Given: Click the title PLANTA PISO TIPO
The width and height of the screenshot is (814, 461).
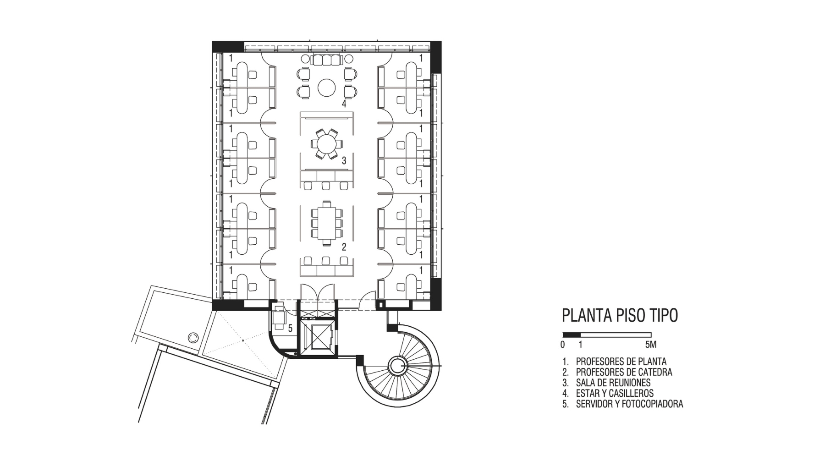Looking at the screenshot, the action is [x=620, y=316].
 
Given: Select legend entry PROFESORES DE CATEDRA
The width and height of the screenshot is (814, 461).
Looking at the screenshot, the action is [x=624, y=372].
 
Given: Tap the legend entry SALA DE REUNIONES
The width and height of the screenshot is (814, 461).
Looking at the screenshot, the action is [x=613, y=383].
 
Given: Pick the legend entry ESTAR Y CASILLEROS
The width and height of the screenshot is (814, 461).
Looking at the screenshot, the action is [x=615, y=393].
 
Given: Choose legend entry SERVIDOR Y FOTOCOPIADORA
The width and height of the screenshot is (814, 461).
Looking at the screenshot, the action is [x=629, y=404].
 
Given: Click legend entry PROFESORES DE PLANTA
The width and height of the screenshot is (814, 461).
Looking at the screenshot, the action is [x=621, y=362].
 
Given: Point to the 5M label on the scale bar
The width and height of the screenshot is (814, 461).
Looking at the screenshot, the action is [x=651, y=345].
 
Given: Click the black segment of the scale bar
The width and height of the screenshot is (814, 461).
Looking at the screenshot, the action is [x=572, y=335].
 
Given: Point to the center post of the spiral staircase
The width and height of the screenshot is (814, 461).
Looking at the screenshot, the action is [x=397, y=365].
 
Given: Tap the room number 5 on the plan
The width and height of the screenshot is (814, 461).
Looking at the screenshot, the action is [x=290, y=328].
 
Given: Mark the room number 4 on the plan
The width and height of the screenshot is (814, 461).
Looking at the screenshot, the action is [x=344, y=104].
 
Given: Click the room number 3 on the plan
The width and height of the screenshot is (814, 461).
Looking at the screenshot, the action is [x=344, y=161].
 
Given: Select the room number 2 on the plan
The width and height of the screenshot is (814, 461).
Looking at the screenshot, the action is [x=344, y=247].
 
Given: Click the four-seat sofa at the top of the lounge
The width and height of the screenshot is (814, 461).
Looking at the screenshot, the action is [x=327, y=60].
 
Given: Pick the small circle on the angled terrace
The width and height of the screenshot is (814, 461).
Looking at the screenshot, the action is [x=193, y=338].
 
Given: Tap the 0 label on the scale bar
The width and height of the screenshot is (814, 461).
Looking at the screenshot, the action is [x=562, y=345].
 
